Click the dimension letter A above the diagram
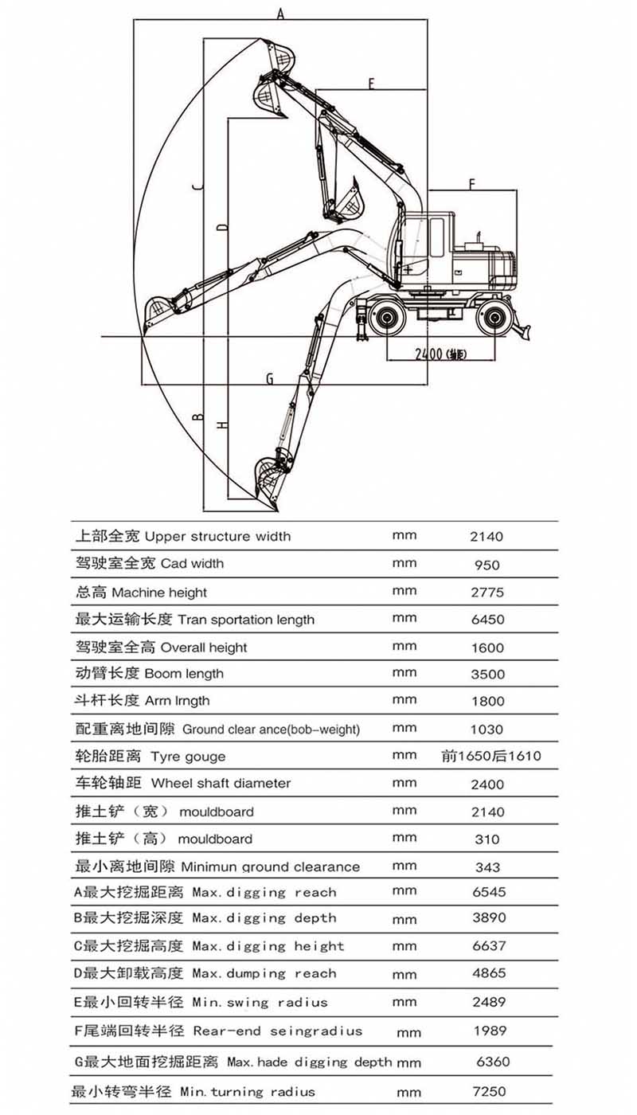(280, 12)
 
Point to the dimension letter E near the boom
(371, 83)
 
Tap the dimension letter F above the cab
(471, 184)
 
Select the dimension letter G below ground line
(269, 378)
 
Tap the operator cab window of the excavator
(436, 237)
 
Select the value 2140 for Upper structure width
(487, 537)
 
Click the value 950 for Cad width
(487, 565)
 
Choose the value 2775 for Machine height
(487, 593)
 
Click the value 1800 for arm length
(487, 702)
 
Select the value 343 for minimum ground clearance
(487, 867)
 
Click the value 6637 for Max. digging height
(488, 945)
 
